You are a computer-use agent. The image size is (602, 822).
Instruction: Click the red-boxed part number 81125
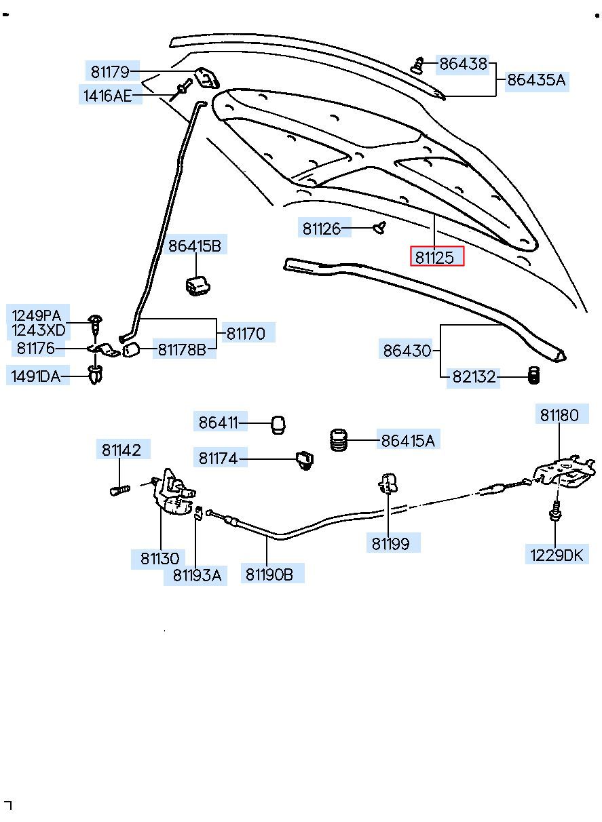(436, 257)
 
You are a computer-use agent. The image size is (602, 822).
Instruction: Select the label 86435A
(535, 80)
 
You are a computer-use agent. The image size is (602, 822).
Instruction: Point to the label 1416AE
(107, 96)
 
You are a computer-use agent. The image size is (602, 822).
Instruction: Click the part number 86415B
(194, 246)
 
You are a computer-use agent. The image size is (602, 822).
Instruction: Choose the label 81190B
(269, 574)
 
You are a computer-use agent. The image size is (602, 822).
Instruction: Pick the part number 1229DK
(557, 555)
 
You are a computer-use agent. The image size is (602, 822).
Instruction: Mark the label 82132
(474, 377)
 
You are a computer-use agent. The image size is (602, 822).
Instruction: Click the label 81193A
(196, 574)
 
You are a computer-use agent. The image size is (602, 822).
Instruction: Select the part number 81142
(121, 449)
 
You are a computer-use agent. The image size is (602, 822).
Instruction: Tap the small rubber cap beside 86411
(278, 424)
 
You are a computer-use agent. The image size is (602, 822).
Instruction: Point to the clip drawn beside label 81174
(305, 459)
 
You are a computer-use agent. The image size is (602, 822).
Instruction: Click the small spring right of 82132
(533, 375)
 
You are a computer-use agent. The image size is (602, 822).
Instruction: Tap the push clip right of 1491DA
(94, 374)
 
